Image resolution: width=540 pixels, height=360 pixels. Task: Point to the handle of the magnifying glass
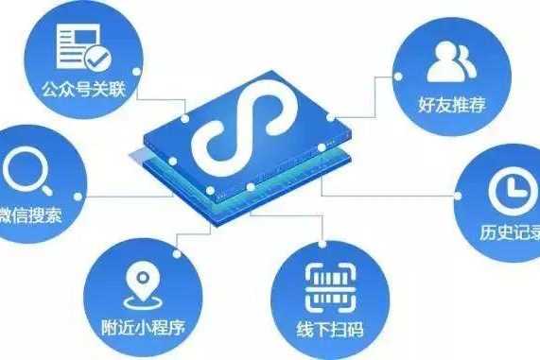pyautogui.click(x=42, y=188)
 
